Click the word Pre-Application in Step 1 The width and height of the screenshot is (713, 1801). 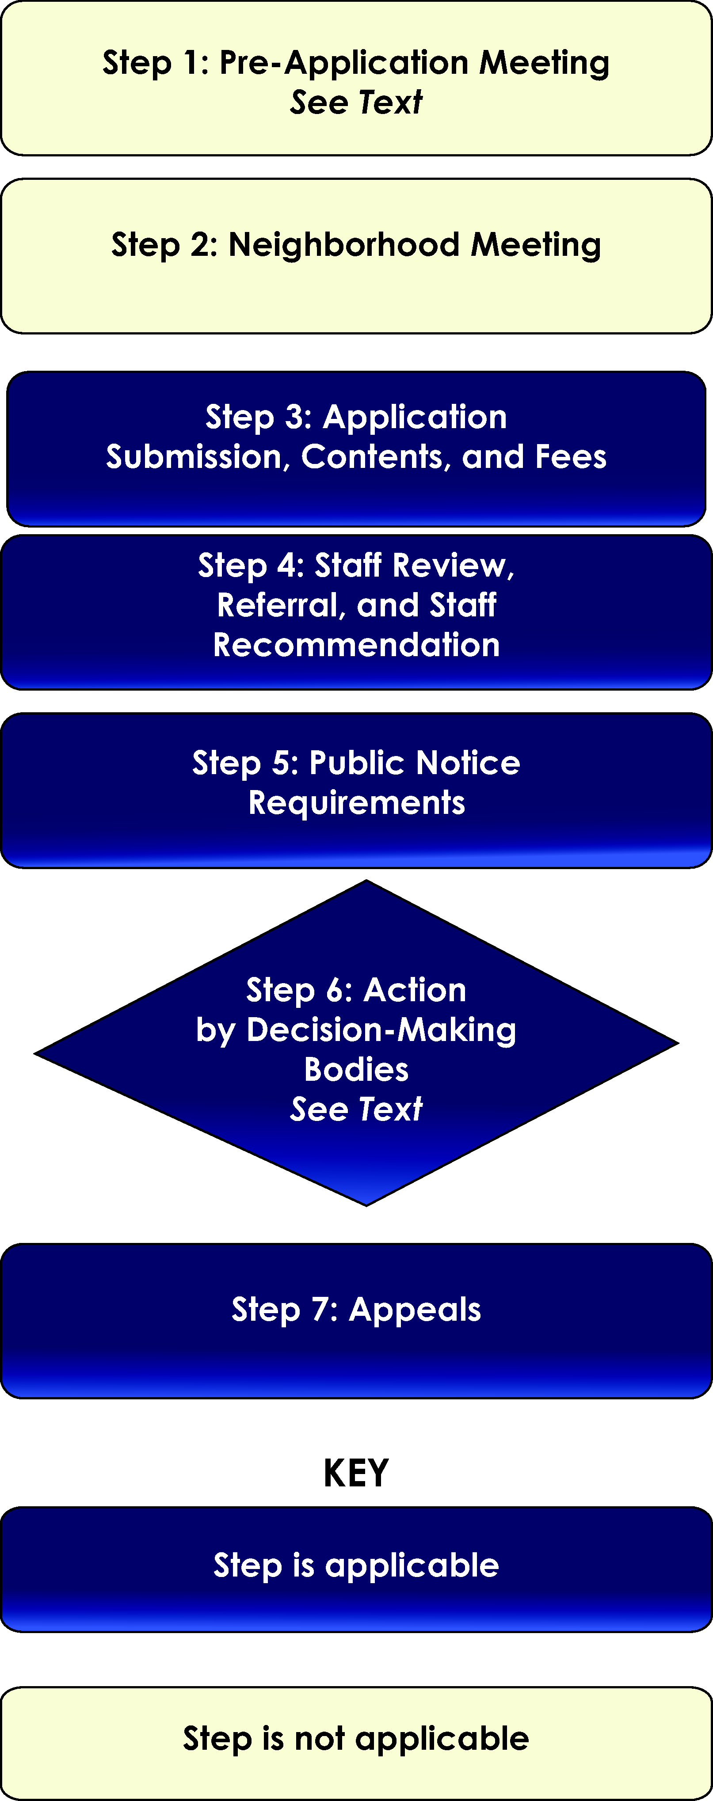pos(343,63)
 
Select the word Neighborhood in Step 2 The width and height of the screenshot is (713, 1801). pos(343,245)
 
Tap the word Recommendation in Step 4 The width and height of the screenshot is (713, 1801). pos(356,645)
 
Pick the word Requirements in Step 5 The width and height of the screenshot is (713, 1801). pos(356,802)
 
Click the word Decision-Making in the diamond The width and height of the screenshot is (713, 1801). pos(381,1030)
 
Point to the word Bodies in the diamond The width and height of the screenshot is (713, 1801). pos(356,1070)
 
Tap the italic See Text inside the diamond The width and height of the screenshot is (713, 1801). pos(356,1109)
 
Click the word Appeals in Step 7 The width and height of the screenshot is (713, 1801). pos(414,1310)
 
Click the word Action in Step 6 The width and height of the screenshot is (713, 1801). pos(415,990)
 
